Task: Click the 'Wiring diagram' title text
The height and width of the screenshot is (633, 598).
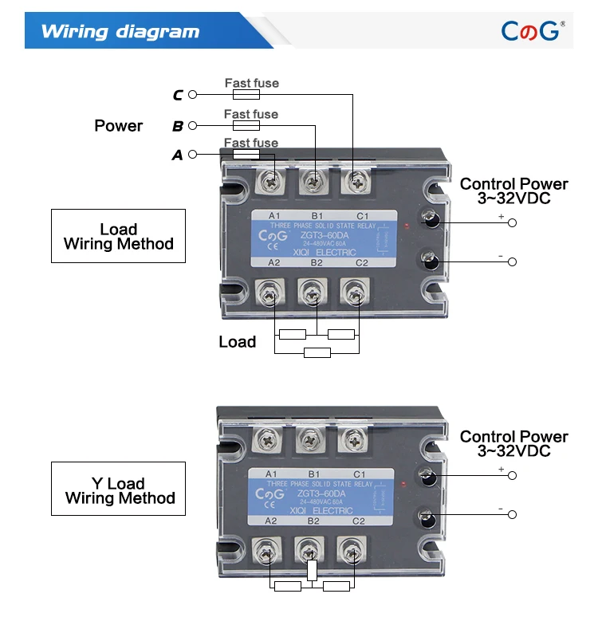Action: [x=120, y=32]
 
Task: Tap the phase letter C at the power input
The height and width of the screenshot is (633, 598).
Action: [x=177, y=96]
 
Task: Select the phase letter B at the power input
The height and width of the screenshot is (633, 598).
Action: [x=177, y=126]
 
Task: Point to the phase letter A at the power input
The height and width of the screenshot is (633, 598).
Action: [x=177, y=155]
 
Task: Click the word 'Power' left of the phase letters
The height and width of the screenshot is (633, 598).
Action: [x=118, y=125]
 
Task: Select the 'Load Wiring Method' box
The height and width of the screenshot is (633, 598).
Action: [x=118, y=236]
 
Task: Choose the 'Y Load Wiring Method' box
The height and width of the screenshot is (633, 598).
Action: [x=118, y=490]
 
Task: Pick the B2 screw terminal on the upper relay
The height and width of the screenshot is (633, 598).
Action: [x=314, y=297]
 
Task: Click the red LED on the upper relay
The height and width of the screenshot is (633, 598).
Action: [x=407, y=227]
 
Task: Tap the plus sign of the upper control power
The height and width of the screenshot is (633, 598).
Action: [x=501, y=216]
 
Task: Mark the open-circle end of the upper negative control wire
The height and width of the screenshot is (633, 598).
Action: [x=512, y=262]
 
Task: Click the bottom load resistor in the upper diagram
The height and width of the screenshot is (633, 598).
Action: [x=317, y=352]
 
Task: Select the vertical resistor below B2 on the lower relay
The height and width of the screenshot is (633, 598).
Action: [x=313, y=572]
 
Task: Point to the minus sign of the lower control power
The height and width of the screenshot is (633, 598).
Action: [x=500, y=508]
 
